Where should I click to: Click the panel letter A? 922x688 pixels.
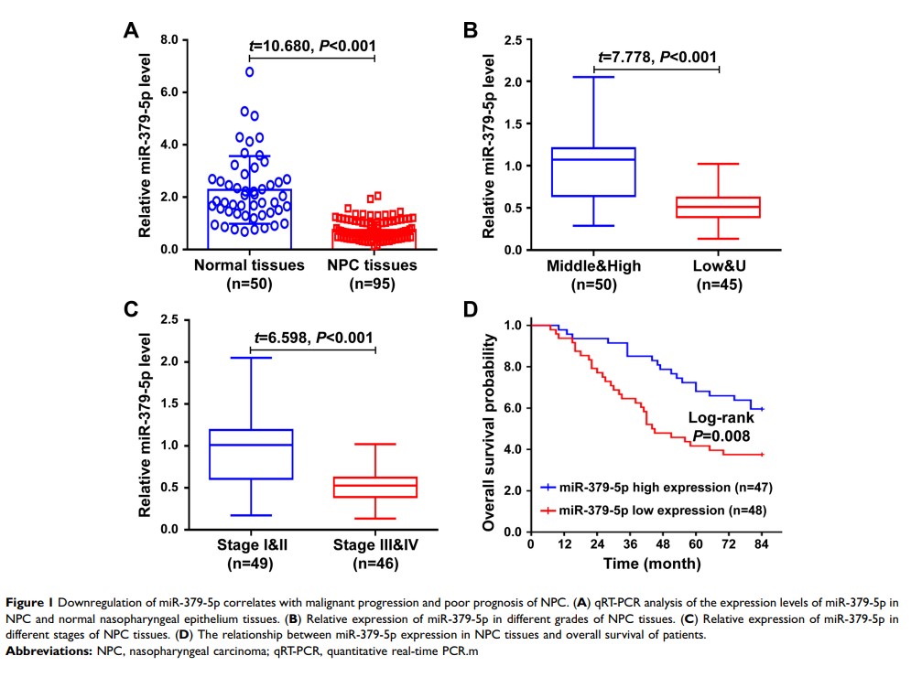pos(132,31)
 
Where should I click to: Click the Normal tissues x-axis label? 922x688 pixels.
pos(249,265)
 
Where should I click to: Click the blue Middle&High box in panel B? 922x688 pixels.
pos(595,172)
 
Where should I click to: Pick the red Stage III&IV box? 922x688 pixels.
pos(374,488)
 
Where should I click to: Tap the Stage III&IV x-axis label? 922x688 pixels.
pos(374,546)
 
